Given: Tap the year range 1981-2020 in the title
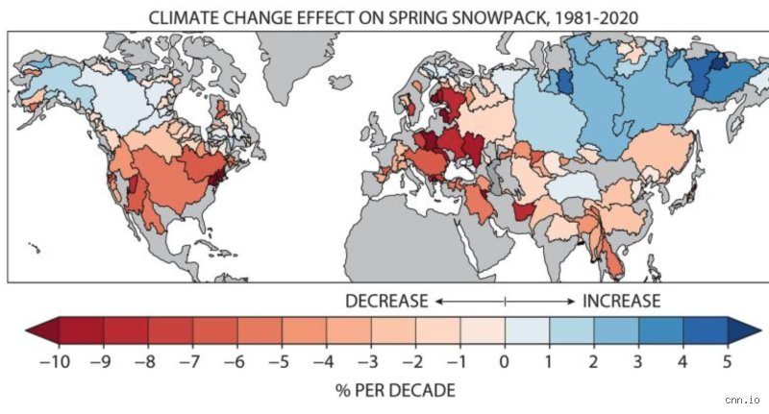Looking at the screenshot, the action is pos(595,17).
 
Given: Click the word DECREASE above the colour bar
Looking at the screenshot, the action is pos(386,301).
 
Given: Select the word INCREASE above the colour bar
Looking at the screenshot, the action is pos(621,301).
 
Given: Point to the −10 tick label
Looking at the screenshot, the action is pos(55,362).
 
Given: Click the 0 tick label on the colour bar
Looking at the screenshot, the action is pos(504,362).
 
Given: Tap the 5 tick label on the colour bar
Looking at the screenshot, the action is pos(727,362).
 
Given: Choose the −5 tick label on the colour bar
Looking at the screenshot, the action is pos(278,362).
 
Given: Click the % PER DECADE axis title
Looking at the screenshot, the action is pos(395,391).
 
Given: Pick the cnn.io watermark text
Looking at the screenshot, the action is pos(742,401).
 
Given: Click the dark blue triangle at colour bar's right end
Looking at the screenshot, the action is pos(744,330).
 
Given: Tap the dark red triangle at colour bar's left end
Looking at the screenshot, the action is pos(42,330).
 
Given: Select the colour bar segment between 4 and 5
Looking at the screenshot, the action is pos(705,330).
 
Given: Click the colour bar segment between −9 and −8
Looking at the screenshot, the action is pos(126,330).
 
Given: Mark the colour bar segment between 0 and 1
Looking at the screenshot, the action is pos(527,330).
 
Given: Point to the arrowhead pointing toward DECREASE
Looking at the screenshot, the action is pos(439,302).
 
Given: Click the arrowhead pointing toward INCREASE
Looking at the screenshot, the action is pos(571,302).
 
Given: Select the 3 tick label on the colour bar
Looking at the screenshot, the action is pos(637,362).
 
